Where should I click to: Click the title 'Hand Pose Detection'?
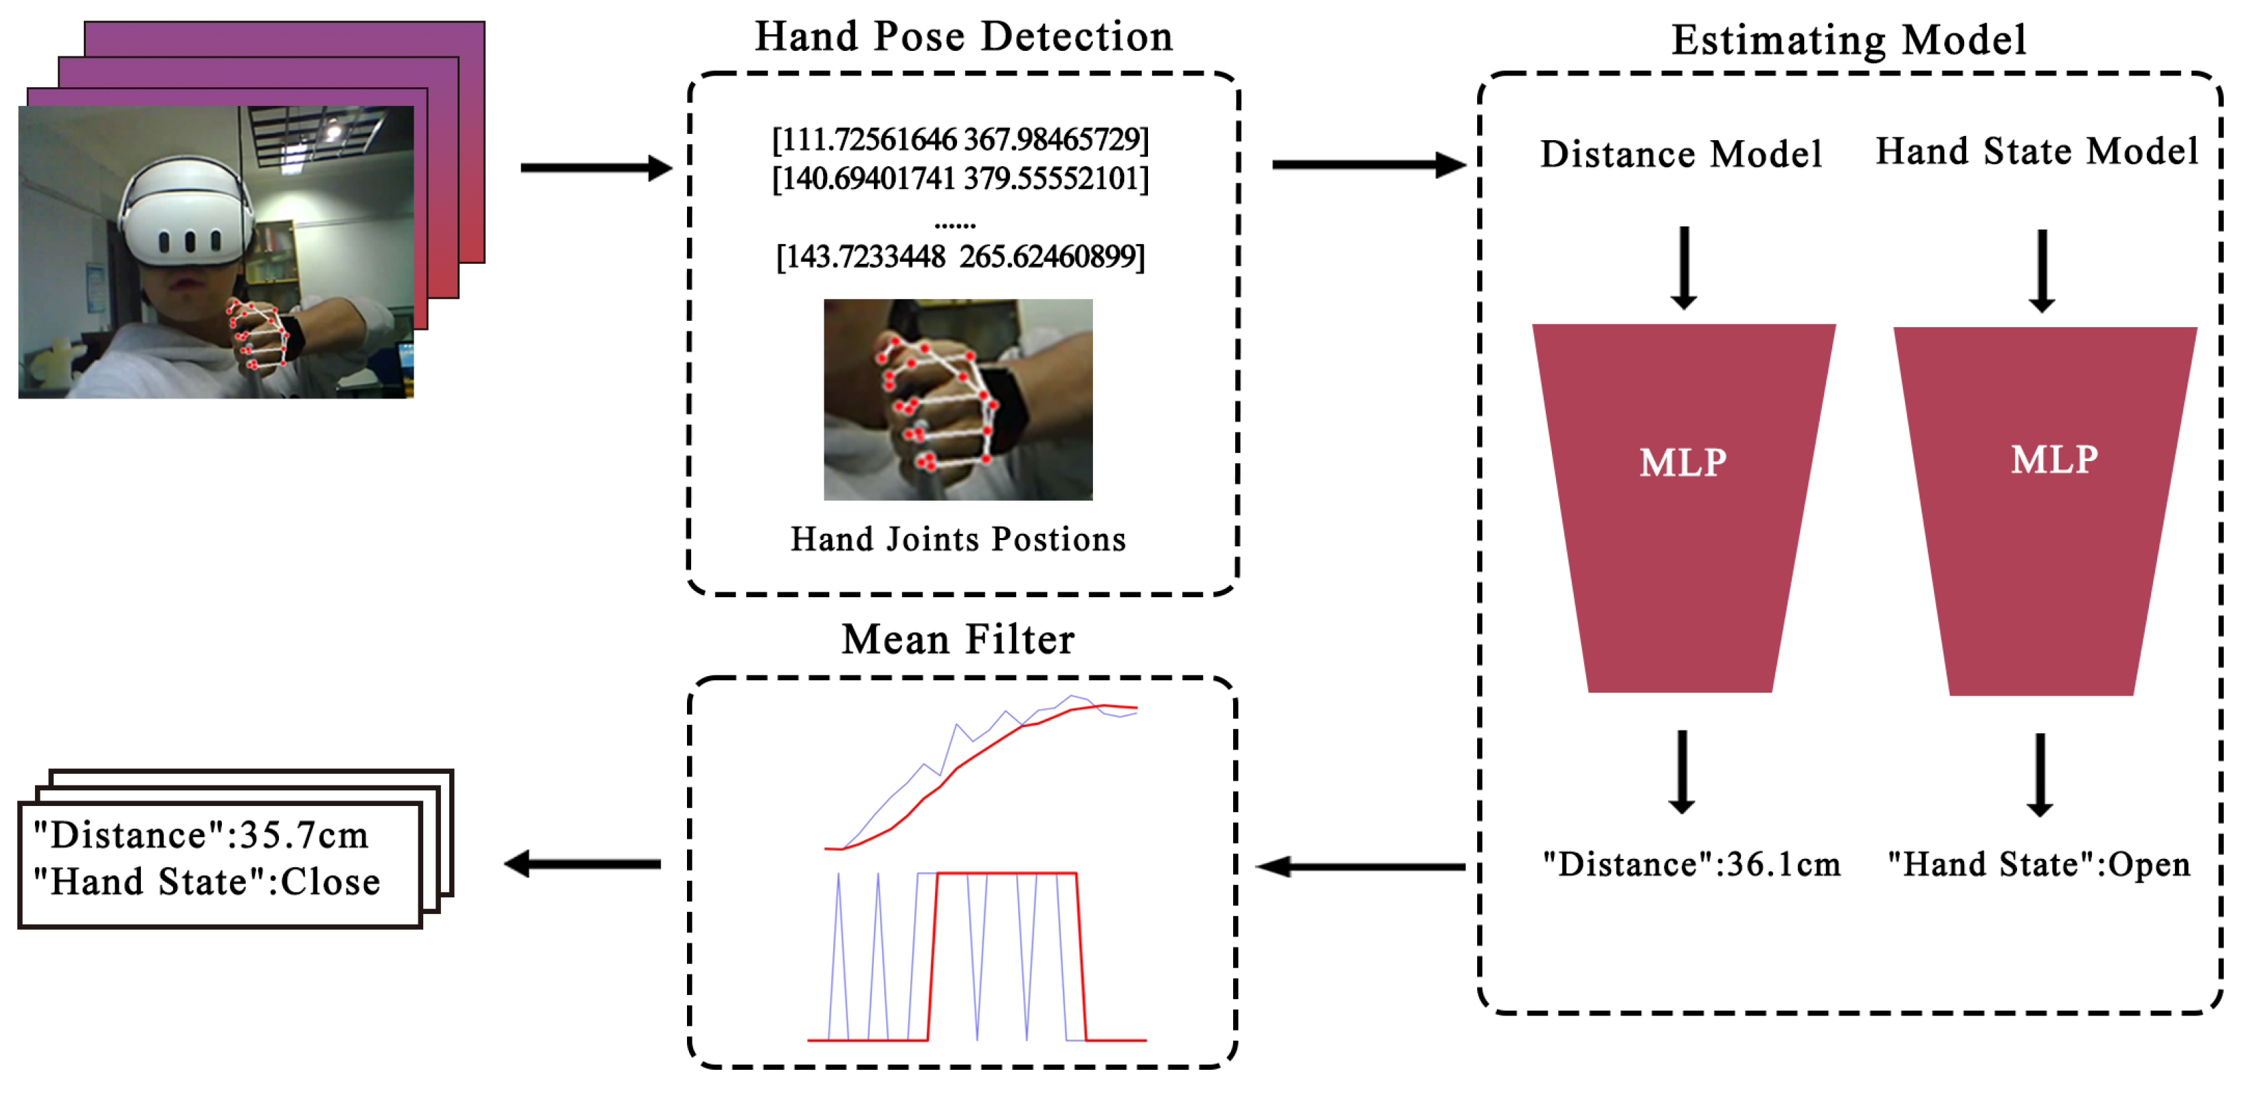[963, 37]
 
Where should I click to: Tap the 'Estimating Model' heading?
[1849, 41]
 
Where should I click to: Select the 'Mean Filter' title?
[958, 640]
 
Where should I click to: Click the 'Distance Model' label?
[1680, 155]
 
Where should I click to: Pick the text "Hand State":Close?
[207, 883]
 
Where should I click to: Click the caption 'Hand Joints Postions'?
[958, 540]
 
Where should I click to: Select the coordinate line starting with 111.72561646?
[960, 140]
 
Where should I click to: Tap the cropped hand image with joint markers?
[958, 399]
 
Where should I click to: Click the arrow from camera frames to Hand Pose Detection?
[596, 168]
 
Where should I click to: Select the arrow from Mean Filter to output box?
[583, 864]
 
